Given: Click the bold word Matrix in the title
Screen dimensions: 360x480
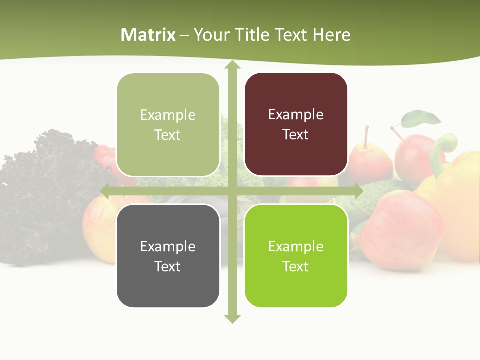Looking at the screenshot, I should coord(148,35).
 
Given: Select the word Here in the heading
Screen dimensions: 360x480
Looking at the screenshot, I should coord(331,35).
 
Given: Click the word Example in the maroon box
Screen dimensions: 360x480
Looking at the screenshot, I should coord(296,115).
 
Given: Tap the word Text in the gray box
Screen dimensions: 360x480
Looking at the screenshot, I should coord(167,266).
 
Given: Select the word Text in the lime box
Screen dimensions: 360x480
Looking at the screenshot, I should coord(295,266).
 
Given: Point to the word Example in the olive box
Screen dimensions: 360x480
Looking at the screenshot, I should coord(168,115).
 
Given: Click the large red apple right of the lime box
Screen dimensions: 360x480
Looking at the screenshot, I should coord(400,230).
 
